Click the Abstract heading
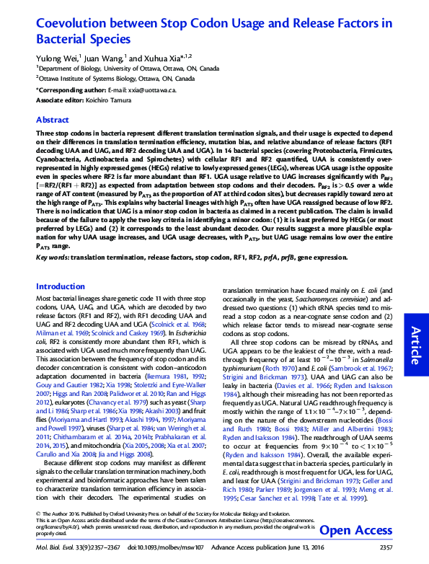tap(53, 120)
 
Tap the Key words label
tap(53, 257)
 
